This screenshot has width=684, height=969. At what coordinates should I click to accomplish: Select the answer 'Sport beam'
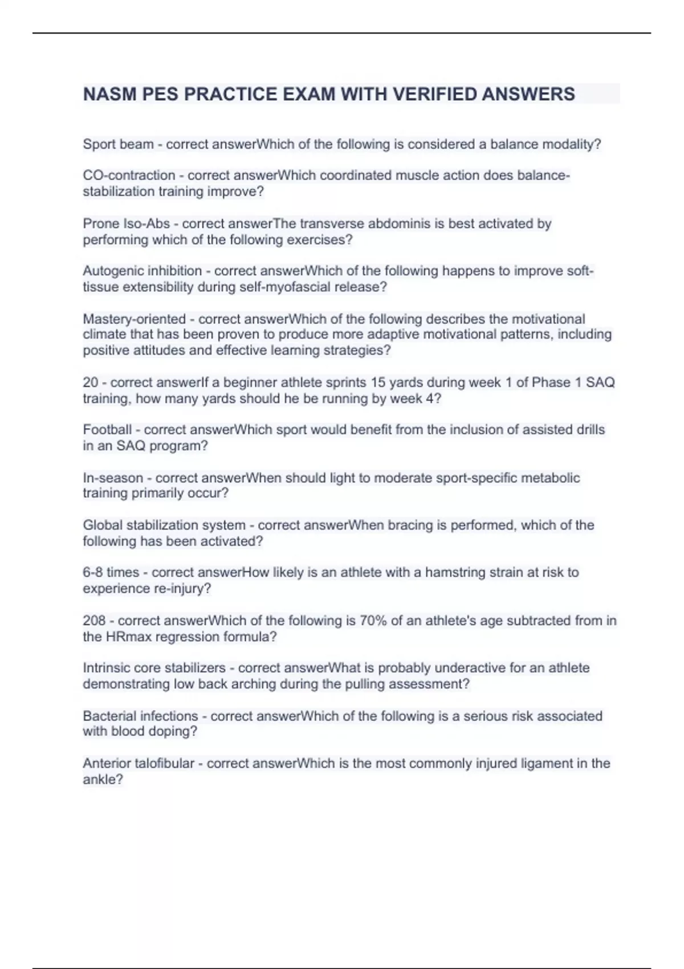coord(118,144)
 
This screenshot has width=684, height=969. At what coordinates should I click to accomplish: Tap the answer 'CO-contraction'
coord(129,176)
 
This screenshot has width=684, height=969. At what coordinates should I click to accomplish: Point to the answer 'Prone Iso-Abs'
coord(126,223)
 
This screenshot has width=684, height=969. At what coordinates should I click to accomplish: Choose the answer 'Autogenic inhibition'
coord(142,271)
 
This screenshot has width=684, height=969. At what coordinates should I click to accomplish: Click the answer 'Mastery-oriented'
coord(134,319)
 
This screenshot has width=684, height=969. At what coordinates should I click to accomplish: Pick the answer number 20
coord(91,382)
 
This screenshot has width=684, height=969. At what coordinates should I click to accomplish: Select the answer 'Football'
coord(107,430)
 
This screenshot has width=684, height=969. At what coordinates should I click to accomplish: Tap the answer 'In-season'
coord(113,478)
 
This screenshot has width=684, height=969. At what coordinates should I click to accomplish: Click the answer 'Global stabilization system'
coord(164,525)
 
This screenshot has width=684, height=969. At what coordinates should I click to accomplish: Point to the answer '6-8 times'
coord(111,572)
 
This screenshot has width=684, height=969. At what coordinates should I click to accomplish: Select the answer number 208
coord(94,620)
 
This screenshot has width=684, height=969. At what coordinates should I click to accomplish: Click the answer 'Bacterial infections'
coord(140,716)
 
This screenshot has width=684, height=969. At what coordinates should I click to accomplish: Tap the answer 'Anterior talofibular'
coord(139,763)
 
